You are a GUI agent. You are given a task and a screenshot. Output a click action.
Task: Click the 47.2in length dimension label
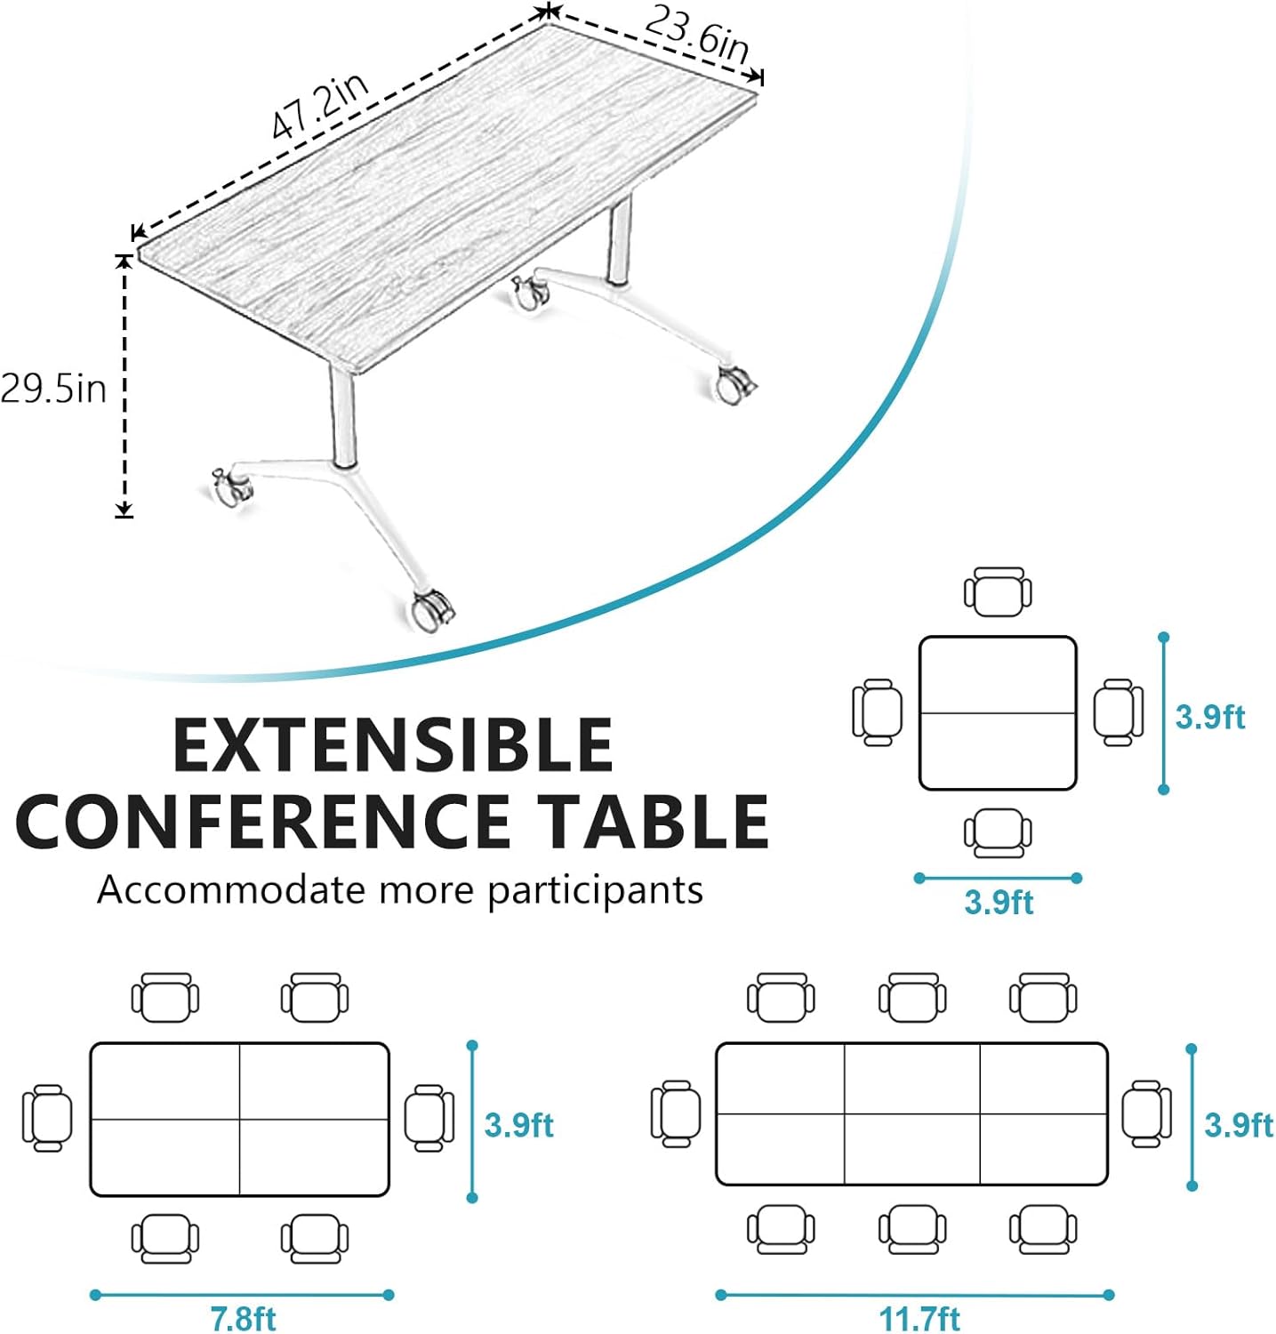click(320, 108)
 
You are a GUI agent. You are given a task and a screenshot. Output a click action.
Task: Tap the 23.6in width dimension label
click(696, 36)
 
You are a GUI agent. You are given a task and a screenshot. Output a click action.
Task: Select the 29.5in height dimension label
click(53, 389)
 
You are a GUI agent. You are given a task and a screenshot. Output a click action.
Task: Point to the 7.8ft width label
click(243, 1317)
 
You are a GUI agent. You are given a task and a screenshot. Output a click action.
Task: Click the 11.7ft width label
click(919, 1317)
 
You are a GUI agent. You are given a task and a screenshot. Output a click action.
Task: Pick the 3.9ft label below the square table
click(998, 902)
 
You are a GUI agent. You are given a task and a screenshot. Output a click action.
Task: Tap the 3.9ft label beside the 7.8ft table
click(518, 1124)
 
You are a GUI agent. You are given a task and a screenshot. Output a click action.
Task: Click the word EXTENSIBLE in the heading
click(393, 744)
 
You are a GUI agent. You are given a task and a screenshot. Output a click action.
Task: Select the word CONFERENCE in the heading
click(263, 821)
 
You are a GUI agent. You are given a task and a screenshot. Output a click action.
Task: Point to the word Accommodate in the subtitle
click(230, 888)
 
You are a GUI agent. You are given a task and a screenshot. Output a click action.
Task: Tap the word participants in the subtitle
click(595, 890)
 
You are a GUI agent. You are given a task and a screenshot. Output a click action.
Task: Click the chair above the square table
click(998, 591)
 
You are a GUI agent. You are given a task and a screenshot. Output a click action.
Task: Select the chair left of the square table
click(877, 711)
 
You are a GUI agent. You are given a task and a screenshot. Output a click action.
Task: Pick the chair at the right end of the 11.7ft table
click(1146, 1113)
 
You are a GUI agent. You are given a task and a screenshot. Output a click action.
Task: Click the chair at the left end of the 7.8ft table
click(47, 1118)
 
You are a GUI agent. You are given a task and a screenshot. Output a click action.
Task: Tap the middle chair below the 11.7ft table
click(912, 1229)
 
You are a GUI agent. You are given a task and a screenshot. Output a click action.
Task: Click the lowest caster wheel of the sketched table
click(432, 611)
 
